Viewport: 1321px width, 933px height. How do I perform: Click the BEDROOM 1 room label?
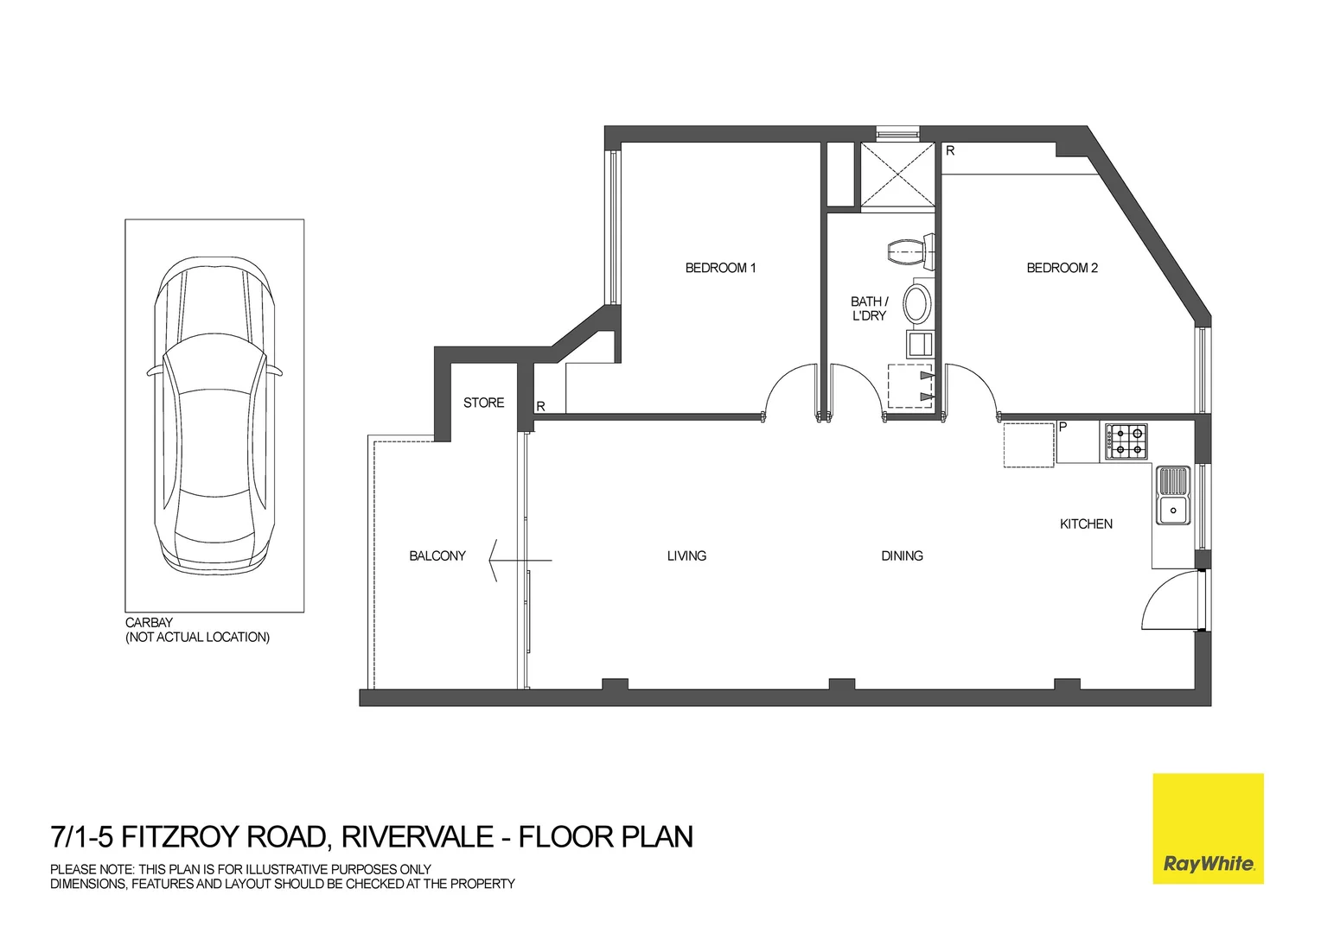tap(720, 268)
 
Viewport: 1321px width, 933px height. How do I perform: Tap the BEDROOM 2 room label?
tap(1062, 268)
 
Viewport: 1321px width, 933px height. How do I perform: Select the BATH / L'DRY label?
tap(869, 308)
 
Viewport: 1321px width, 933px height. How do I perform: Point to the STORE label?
tap(483, 403)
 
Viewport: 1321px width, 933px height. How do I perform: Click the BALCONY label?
tap(437, 555)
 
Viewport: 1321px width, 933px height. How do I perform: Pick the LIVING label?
tap(686, 555)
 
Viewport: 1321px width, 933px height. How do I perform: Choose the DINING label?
tap(902, 555)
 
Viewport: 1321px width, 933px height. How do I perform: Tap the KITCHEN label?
tap(1086, 524)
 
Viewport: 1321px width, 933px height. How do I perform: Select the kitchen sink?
tap(1172, 496)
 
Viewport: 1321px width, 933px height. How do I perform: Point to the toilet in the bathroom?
tap(910, 252)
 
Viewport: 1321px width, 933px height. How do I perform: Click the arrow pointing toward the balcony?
tap(519, 561)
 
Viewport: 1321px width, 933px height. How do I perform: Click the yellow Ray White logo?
tap(1208, 828)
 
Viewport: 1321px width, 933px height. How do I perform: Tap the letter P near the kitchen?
tap(1063, 426)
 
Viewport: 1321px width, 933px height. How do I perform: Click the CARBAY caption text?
tap(150, 622)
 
